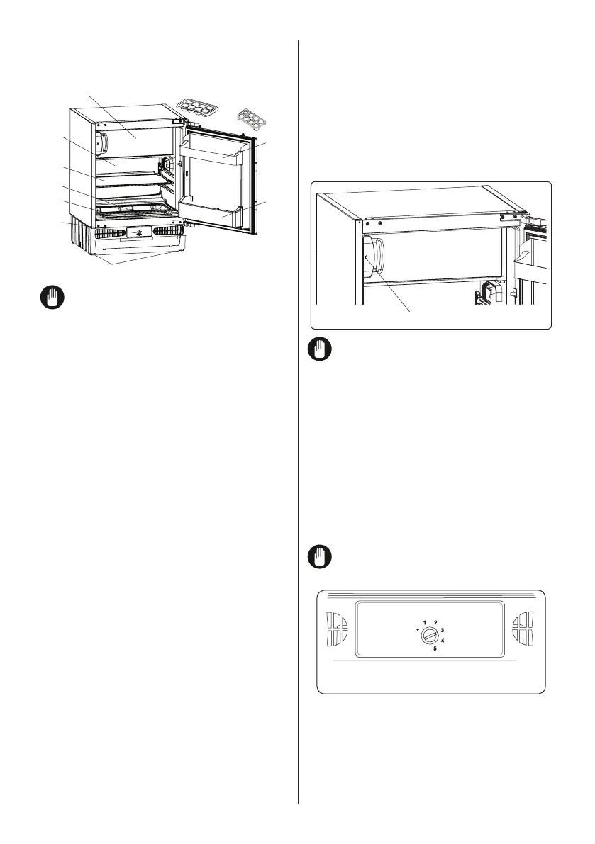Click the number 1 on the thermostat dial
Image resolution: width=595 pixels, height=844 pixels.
coord(426,622)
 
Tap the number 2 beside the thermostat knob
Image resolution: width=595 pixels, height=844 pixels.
coord(435,622)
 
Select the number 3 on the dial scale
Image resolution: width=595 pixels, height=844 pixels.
coord(442,629)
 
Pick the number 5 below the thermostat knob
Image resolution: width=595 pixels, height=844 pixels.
coord(435,648)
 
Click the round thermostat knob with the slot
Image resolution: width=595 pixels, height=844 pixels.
coord(429,636)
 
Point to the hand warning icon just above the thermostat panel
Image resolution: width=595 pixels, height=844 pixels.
coord(318,558)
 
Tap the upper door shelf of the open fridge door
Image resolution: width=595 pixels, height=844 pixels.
coord(216,150)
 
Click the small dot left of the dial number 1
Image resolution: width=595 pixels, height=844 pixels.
coord(418,628)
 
